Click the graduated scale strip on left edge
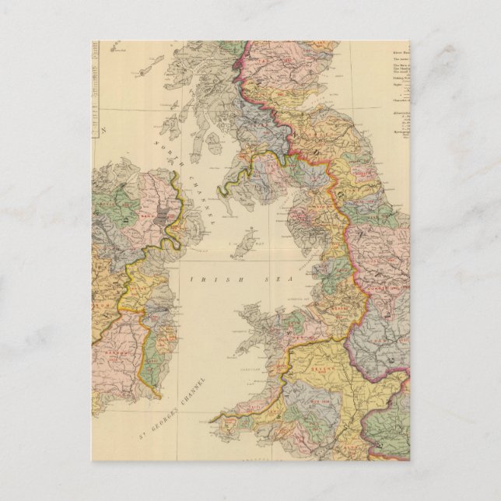[x=99, y=86]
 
